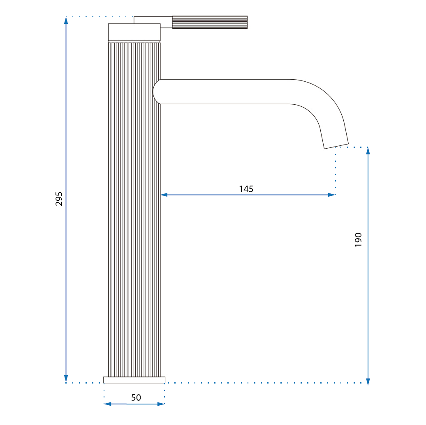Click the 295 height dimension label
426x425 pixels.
[x=59, y=198]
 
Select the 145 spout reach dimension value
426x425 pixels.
[x=246, y=189]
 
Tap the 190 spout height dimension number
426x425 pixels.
[x=358, y=239]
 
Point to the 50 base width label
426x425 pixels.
[x=136, y=397]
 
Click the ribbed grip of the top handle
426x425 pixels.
[x=210, y=22]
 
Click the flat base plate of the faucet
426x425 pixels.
[x=134, y=380]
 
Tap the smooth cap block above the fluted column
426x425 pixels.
[x=134, y=32]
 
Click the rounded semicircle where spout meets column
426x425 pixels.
[x=157, y=92]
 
